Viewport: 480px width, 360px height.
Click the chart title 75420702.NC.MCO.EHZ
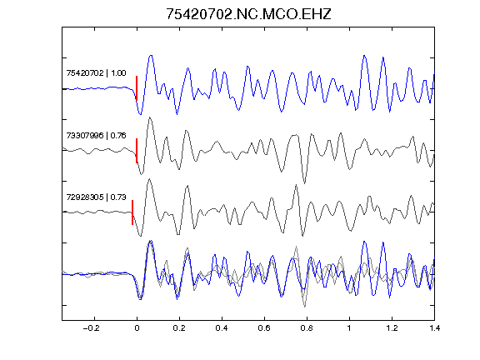pos(248,14)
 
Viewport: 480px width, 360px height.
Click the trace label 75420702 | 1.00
pos(96,73)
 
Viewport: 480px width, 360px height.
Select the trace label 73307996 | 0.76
pos(96,135)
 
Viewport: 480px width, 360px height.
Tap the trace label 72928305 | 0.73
pos(96,197)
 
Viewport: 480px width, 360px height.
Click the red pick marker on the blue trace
pos(137,88)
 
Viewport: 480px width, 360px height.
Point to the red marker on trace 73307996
pos(137,151)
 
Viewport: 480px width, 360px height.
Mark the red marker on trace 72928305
pos(132,212)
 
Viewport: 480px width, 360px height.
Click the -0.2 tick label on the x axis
pos(91,328)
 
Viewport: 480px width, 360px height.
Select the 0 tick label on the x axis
pos(137,328)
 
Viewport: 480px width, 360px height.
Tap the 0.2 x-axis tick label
pos(179,328)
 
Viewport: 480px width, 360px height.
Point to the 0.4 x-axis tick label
pos(222,328)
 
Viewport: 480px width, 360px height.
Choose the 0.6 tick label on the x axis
pos(264,328)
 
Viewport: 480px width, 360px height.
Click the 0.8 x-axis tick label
pos(307,328)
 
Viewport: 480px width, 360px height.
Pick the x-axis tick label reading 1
pos(349,328)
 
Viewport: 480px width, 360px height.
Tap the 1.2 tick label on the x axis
pos(392,328)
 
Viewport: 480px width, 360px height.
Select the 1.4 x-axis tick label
pos(434,328)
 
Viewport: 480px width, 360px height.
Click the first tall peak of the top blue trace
pos(151,56)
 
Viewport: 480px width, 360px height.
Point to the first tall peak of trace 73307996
pos(150,117)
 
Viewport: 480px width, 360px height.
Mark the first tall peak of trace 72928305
pos(149,179)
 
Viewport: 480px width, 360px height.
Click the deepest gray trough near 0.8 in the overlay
pos(305,306)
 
